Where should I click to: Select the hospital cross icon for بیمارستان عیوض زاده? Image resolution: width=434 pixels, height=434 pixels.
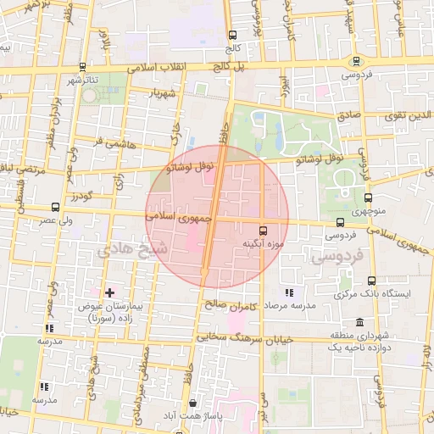pyautogui.click(x=108, y=292)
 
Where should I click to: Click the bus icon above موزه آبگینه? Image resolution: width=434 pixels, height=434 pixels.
pyautogui.click(x=263, y=230)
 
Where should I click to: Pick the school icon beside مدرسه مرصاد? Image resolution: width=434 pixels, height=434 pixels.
pyautogui.click(x=288, y=292)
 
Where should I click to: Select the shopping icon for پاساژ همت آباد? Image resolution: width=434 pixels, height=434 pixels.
pyautogui.click(x=194, y=404)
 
